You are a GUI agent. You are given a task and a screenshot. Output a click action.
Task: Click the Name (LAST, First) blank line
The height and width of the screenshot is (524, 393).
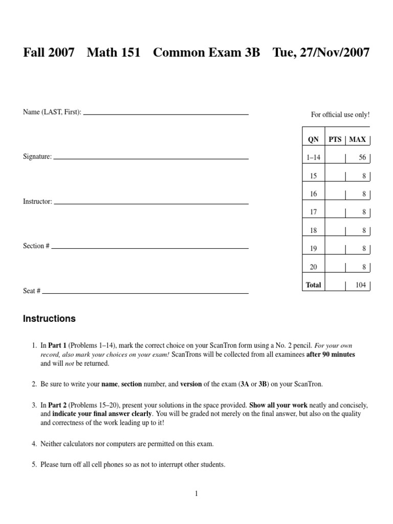[166, 114]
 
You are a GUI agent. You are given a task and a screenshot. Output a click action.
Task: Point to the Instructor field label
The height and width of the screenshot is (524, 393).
[37, 202]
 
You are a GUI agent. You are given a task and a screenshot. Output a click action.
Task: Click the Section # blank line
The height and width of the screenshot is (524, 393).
[149, 248]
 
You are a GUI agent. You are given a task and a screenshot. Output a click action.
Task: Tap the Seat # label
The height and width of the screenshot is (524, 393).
[32, 291]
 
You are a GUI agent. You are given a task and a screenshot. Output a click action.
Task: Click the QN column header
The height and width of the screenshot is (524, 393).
[313, 140]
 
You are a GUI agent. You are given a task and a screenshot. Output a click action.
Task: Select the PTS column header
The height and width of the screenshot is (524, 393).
[335, 140]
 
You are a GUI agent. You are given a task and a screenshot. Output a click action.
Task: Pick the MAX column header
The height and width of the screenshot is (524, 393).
[357, 140]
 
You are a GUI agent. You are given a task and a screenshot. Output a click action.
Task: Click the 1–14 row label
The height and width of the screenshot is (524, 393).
[313, 158]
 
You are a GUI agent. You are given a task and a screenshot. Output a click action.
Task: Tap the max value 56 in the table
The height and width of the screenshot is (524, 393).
[362, 158]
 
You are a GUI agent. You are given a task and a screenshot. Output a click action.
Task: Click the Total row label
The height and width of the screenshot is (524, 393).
[313, 285]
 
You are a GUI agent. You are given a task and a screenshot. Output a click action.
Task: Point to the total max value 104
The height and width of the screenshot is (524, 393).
[361, 285]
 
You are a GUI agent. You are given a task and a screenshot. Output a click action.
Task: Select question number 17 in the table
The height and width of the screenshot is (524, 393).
[313, 212]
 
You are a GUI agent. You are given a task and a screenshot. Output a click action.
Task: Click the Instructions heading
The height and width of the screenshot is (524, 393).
[49, 319]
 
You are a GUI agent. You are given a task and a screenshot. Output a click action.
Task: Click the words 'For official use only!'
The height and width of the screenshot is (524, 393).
[340, 115]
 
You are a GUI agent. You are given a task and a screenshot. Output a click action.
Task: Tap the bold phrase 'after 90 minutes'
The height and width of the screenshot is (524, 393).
[331, 355]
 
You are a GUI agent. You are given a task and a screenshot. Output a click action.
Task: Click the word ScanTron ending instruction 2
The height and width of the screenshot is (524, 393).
[309, 384]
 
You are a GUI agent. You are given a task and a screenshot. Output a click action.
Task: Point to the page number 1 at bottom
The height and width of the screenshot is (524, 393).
[196, 493]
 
